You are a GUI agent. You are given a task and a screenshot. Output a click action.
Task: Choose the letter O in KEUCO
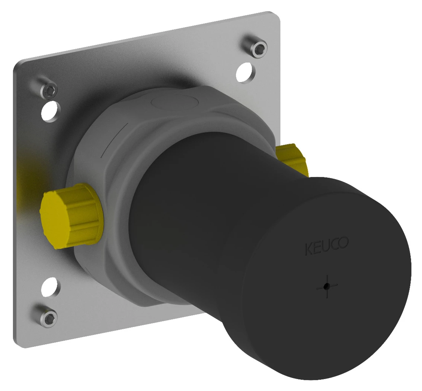tap(343, 244)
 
